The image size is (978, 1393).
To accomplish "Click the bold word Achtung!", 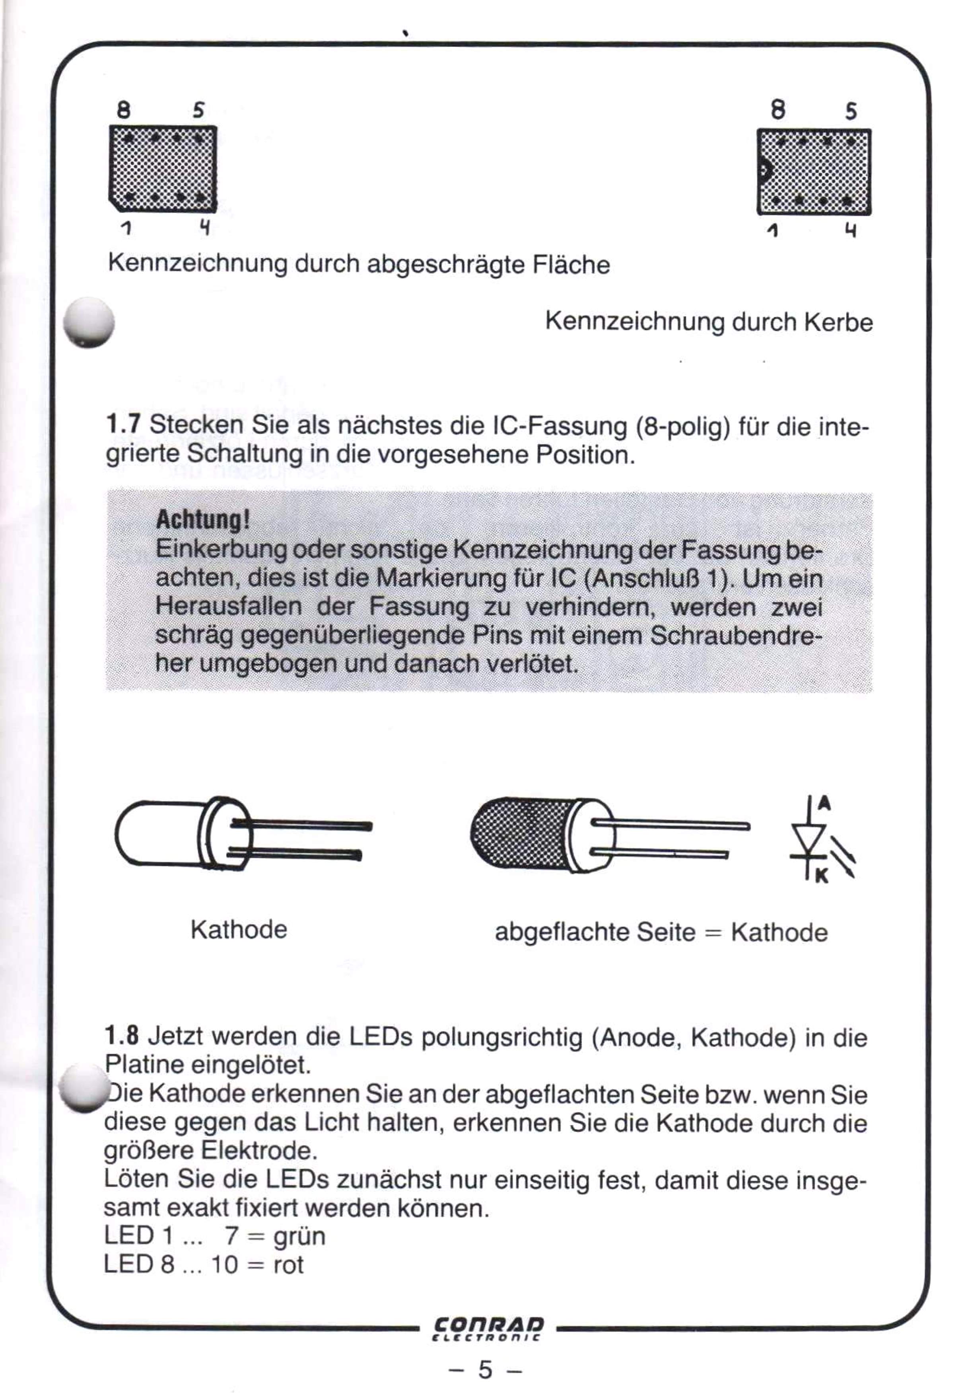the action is tap(202, 520).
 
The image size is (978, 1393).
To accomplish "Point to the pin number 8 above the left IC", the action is tap(124, 110).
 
